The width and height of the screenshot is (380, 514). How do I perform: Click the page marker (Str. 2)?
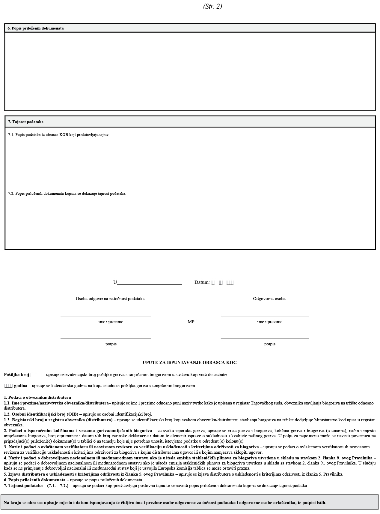click(x=212, y=7)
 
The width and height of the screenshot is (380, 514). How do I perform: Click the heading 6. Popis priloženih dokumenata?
click(x=36, y=28)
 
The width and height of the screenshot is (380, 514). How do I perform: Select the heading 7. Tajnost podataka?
click(x=26, y=122)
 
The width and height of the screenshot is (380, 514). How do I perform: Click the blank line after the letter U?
click(x=150, y=283)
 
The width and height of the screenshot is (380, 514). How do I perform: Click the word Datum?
click(x=202, y=282)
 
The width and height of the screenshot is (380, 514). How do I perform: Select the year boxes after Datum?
click(x=230, y=282)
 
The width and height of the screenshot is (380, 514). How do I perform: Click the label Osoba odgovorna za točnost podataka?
click(x=111, y=299)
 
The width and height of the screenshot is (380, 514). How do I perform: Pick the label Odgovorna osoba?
click(x=270, y=299)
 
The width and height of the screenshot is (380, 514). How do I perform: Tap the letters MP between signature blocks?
click(x=191, y=322)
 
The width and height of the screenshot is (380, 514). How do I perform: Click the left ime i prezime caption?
click(x=111, y=322)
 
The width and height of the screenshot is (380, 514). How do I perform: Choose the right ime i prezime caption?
click(x=270, y=322)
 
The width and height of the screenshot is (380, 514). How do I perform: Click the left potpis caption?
click(x=111, y=344)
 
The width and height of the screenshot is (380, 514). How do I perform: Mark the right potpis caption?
click(x=270, y=344)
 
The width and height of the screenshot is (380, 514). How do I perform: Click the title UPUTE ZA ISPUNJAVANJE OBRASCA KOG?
click(x=190, y=362)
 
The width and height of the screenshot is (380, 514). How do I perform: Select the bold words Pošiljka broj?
click(x=16, y=374)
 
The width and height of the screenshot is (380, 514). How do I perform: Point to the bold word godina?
click(x=21, y=386)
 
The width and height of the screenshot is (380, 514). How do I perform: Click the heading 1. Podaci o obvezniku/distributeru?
click(x=37, y=397)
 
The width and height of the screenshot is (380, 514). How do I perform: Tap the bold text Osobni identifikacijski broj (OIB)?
click(x=41, y=414)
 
